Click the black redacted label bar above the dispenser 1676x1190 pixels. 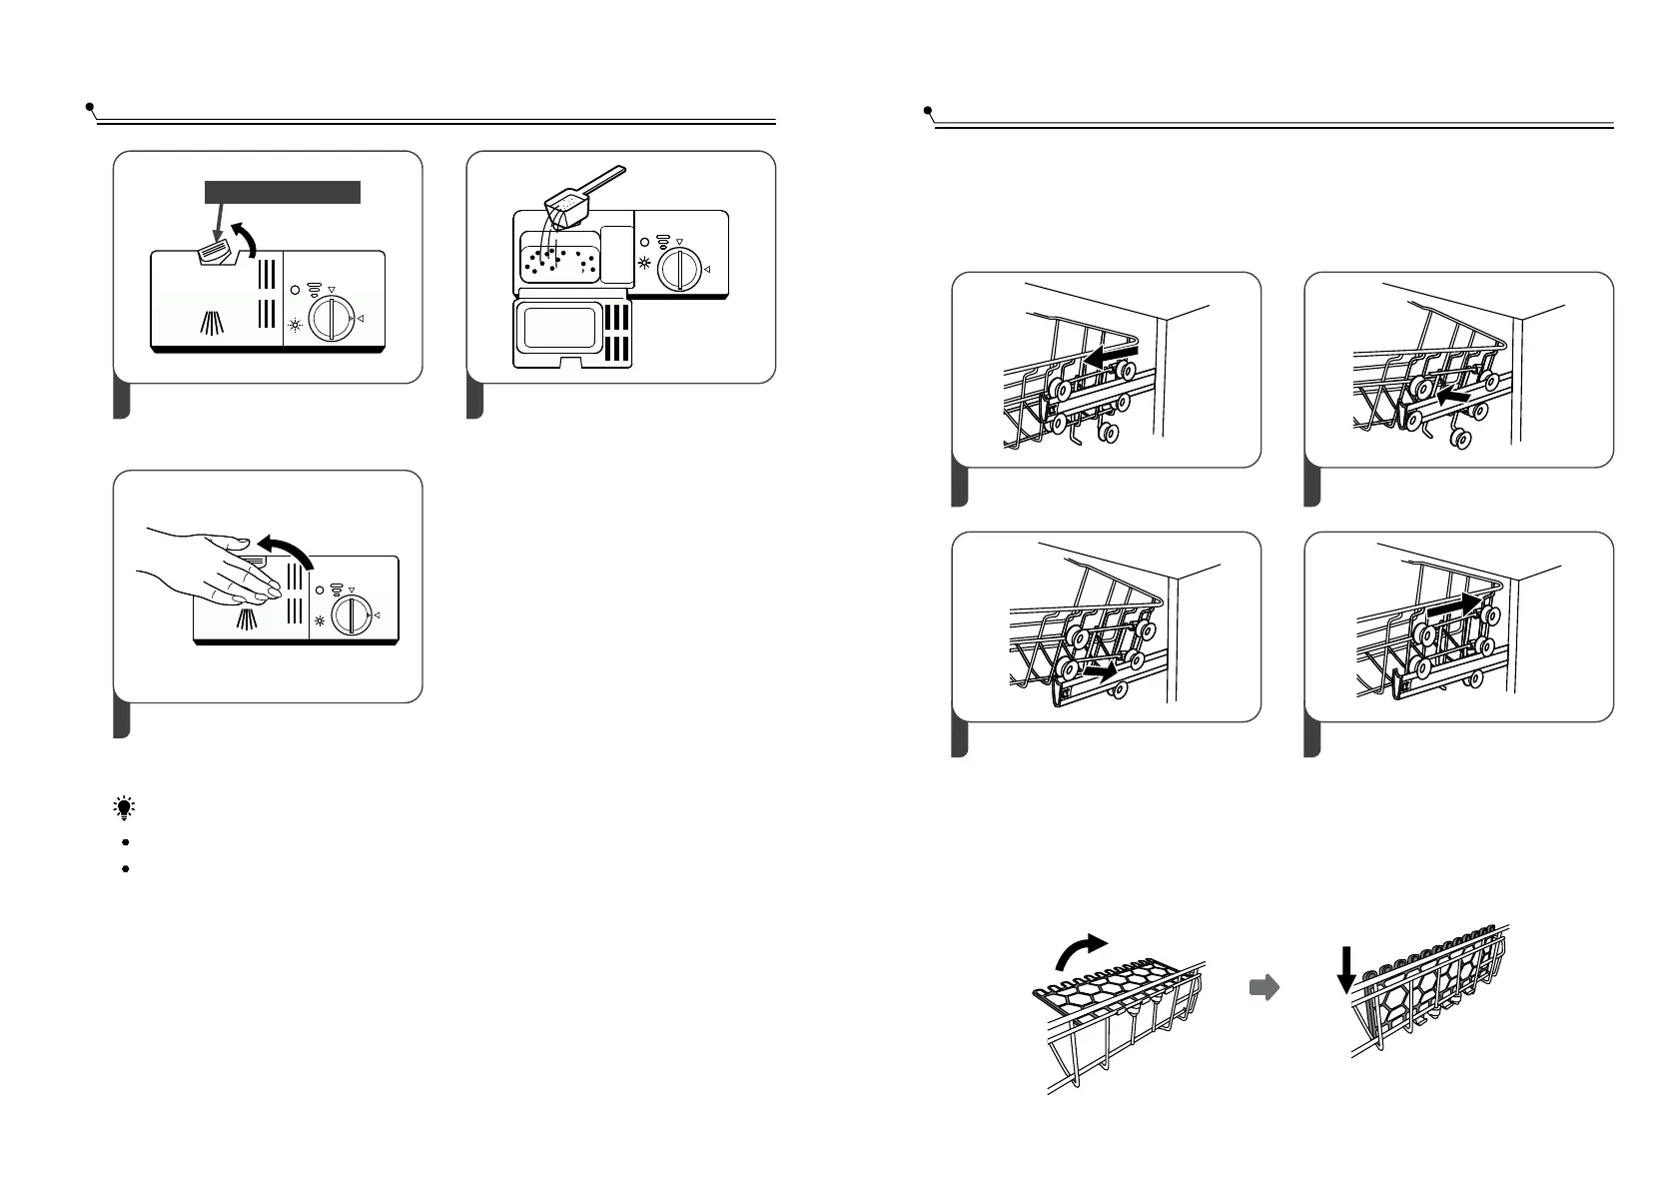click(x=282, y=193)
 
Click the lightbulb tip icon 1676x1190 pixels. click(x=125, y=808)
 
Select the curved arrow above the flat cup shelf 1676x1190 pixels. click(x=1081, y=951)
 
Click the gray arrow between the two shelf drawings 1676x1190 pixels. click(x=1264, y=988)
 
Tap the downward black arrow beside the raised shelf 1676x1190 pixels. click(x=1346, y=970)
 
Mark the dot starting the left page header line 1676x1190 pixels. click(x=90, y=105)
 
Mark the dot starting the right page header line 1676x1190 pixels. click(x=928, y=109)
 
